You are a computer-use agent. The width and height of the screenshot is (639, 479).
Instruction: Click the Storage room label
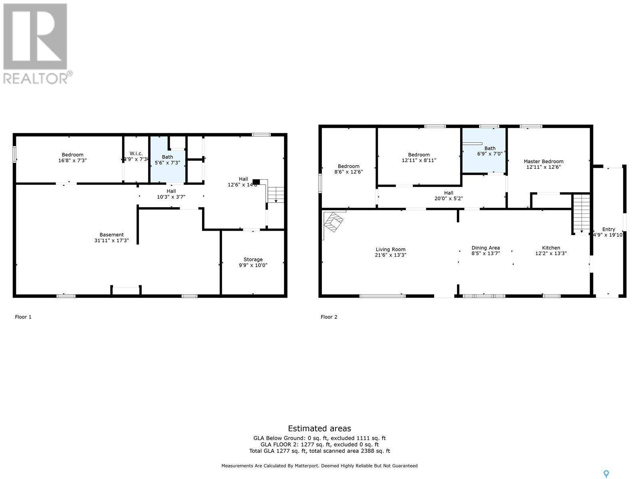(253, 259)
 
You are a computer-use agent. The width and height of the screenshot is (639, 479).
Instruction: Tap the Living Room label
(390, 249)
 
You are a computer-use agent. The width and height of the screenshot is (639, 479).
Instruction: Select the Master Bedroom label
(543, 162)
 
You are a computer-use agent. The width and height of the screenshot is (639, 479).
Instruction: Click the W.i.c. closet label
(136, 154)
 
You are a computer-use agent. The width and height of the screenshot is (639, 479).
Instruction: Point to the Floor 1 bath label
(167, 157)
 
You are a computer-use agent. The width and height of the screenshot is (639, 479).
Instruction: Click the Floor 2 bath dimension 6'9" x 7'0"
(490, 154)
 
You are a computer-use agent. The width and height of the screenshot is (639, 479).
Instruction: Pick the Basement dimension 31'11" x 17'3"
(112, 240)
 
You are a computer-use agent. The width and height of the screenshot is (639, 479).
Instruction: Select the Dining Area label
(485, 248)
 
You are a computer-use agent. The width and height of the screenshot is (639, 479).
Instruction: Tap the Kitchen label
(551, 248)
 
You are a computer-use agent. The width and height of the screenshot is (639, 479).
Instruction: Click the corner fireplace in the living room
(333, 221)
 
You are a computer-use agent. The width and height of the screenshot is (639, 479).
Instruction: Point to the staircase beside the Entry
(581, 214)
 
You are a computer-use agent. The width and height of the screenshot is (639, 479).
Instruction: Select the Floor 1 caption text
(23, 317)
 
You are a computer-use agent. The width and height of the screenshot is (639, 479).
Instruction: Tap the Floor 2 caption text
(329, 317)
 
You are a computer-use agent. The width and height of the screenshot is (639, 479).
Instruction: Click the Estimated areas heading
(319, 428)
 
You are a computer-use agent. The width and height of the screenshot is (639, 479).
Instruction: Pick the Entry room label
(608, 229)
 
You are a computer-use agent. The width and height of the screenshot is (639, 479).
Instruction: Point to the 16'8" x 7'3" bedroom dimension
(72, 160)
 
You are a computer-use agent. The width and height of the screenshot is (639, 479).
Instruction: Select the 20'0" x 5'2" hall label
(448, 198)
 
